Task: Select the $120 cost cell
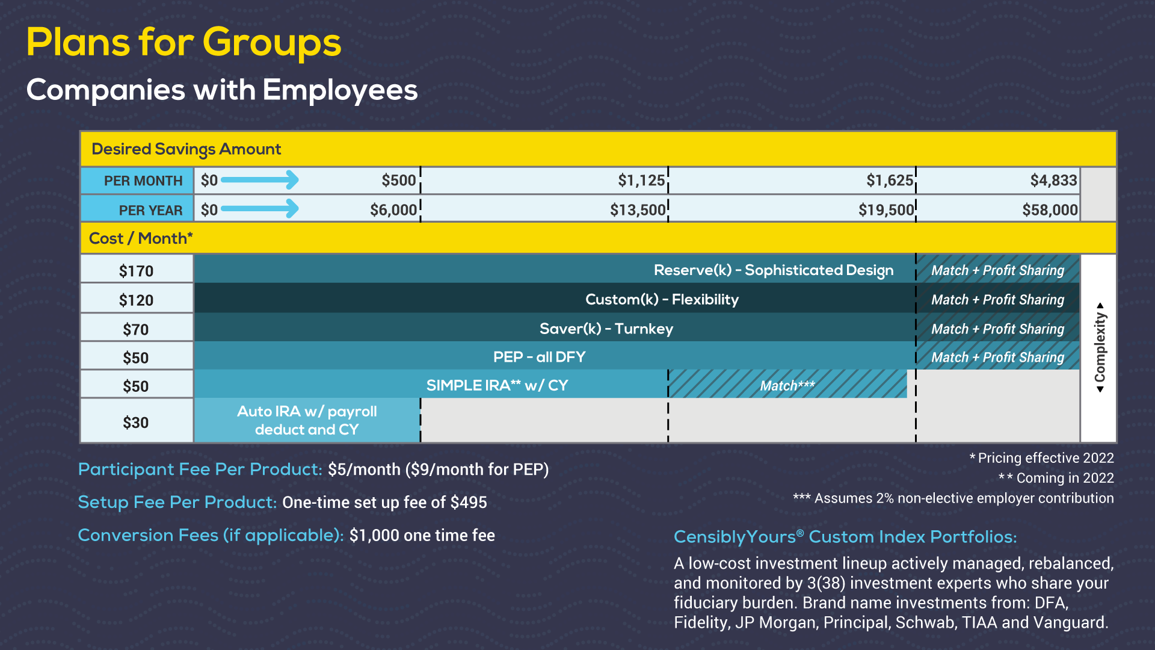click(x=137, y=299)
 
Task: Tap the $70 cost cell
click(x=137, y=328)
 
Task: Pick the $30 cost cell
click(x=137, y=421)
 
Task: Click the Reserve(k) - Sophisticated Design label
click(x=774, y=270)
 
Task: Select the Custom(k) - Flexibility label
click(x=662, y=299)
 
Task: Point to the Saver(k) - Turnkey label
click(x=606, y=329)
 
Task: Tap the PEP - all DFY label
click(x=539, y=357)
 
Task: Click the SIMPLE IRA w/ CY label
click(x=497, y=385)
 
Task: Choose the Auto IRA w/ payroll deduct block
click(x=307, y=420)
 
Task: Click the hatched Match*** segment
click(x=787, y=384)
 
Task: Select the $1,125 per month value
click(x=641, y=181)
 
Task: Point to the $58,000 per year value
click(x=1050, y=210)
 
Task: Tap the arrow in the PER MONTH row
click(x=260, y=179)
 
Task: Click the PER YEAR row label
click(x=150, y=210)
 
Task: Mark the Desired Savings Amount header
click(x=186, y=149)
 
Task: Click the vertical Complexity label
click(x=1100, y=347)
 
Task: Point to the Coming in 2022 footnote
click(x=1056, y=478)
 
